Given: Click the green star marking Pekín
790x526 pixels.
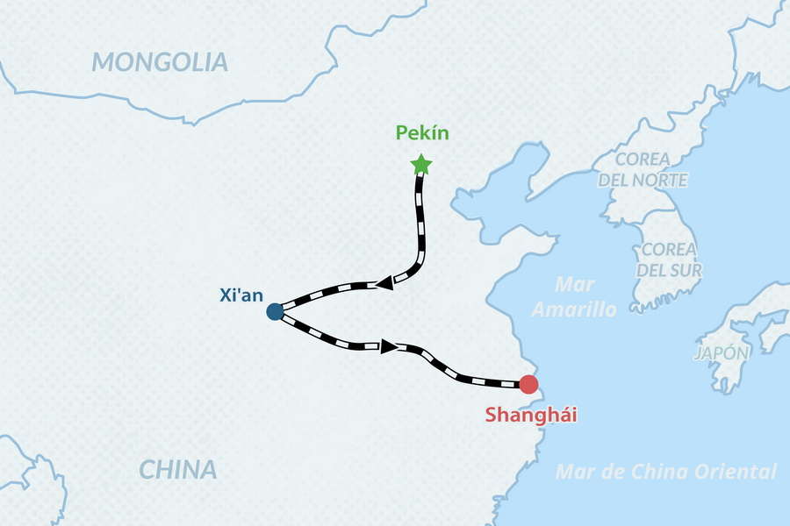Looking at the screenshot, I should coord(421,165).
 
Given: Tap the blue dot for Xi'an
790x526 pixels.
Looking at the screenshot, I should coord(275,311).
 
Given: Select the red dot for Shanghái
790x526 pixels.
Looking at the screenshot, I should coord(528,384).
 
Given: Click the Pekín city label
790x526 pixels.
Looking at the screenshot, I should coord(422,133).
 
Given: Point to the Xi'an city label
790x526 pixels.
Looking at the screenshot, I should coord(241,295).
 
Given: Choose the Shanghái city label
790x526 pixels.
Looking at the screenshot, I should coord(531,415).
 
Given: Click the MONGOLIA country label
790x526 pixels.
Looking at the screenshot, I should coord(160,62).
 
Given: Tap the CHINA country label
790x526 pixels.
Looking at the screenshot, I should coord(178,469).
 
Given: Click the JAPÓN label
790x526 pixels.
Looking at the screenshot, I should coord(722,353).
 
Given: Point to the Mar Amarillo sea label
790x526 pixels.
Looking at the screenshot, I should coord(575,297).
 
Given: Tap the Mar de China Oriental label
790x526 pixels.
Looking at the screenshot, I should coord(666,472).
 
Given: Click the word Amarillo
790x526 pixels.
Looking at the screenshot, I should coord(575,309).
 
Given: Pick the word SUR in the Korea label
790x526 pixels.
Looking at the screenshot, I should coord(686,269).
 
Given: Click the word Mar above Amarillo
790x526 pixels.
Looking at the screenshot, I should coord(575,285).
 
